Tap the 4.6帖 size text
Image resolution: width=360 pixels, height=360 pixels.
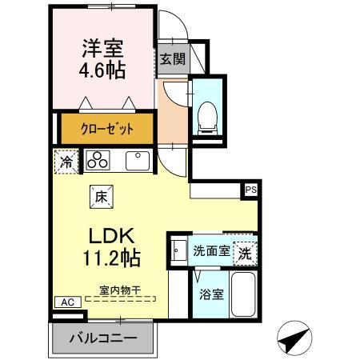100,70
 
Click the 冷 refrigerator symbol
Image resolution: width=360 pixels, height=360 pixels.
68,161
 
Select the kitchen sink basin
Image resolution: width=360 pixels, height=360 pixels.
137,159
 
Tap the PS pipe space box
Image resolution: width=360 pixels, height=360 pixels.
251,190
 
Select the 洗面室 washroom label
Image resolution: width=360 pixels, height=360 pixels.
211,250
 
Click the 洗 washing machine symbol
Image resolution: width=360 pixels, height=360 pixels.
246,250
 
